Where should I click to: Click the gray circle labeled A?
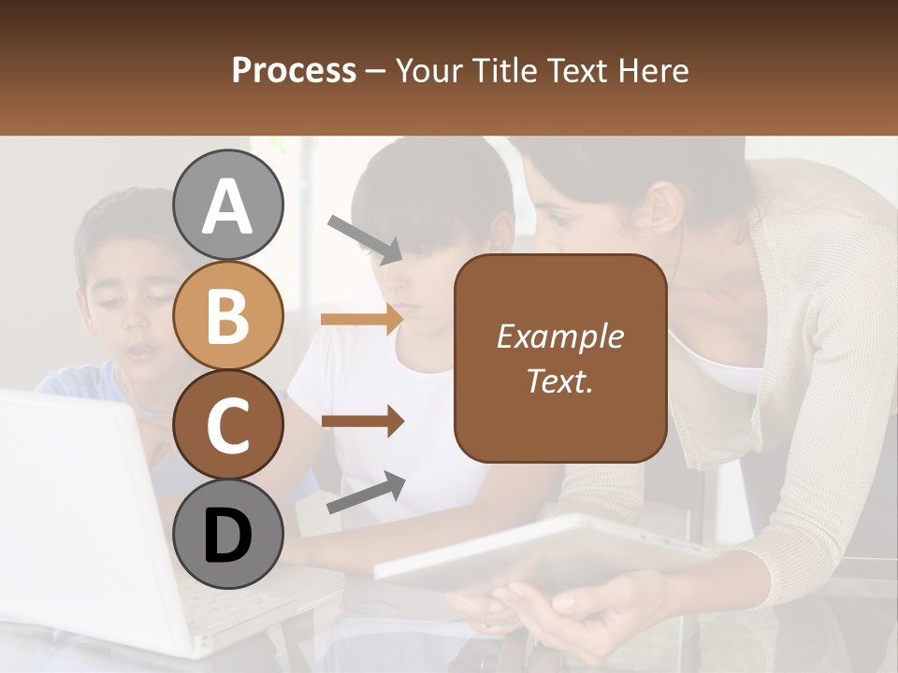[x=227, y=206]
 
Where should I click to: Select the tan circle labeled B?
[x=227, y=315]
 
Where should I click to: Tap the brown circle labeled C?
[x=227, y=424]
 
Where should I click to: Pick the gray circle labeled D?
[x=227, y=534]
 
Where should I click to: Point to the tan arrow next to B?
[x=362, y=320]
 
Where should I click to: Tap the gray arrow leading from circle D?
[x=366, y=493]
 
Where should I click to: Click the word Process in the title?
[x=294, y=71]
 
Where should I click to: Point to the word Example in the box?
[x=559, y=336]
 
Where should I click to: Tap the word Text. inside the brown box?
[x=559, y=380]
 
